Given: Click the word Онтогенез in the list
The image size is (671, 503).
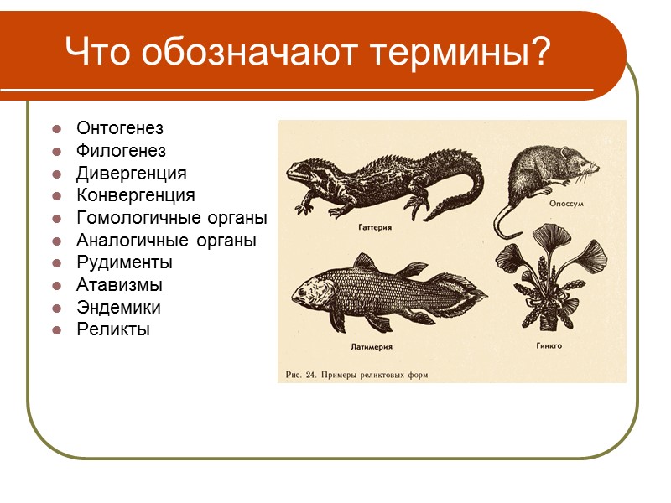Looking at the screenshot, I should pos(119,129).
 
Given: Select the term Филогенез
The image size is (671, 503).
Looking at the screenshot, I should pos(121,151).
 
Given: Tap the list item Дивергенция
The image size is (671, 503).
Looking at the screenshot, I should pos(131,174).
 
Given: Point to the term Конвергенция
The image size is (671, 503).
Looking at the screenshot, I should pos(135,195).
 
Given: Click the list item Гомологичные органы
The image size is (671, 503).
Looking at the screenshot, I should pos(171,218).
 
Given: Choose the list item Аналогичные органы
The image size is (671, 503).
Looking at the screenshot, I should pos(166,241).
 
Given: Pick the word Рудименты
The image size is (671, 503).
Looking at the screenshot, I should pos(124,262).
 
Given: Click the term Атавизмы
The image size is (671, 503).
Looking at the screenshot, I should pos(119,285).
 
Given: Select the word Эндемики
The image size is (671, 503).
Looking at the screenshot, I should pos(118,307).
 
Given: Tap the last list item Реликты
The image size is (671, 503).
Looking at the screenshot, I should pos(112,329).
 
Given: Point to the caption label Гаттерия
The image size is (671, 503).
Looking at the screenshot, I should pos(375,227).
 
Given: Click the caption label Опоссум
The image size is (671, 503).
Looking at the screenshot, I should pos(566,204).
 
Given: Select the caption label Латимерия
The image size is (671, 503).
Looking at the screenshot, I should pos(370,345).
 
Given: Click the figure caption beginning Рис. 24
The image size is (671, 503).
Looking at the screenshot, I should pos(356,375).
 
